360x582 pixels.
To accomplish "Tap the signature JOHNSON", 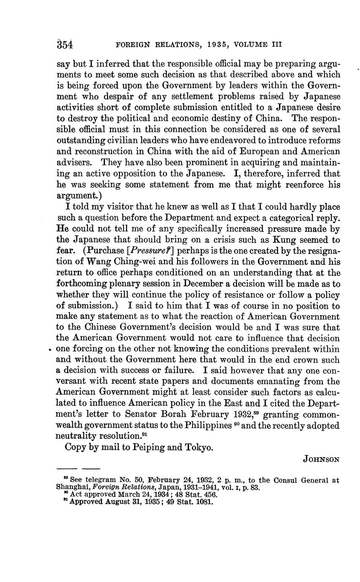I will [x=321, y=460].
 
